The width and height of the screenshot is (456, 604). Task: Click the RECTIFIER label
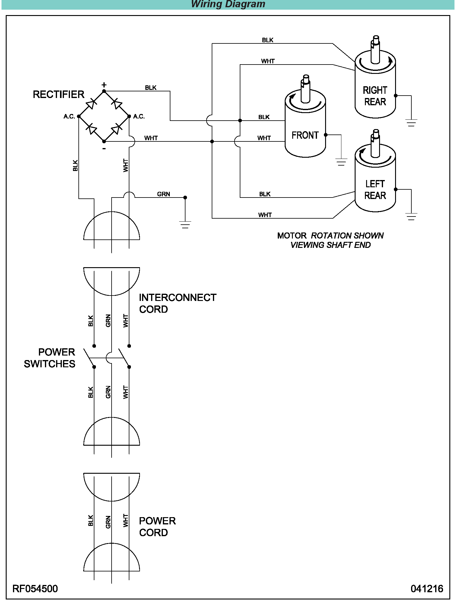tap(59, 94)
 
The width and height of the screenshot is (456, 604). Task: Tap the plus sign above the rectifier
tap(104, 85)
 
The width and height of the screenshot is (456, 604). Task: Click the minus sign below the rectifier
tap(104, 148)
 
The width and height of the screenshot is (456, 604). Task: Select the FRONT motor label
tap(305, 135)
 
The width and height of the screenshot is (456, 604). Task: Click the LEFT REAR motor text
tap(375, 190)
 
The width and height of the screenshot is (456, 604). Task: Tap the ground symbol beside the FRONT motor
tap(341, 162)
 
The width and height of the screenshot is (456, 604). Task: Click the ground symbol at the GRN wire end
tap(185, 225)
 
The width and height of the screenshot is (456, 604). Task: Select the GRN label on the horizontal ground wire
tap(163, 194)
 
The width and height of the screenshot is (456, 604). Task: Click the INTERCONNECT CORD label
tap(177, 303)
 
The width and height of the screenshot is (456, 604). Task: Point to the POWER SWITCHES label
tap(50, 358)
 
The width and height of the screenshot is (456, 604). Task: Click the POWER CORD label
tap(157, 527)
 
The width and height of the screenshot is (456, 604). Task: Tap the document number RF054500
tap(35, 588)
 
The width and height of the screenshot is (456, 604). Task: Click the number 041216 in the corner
tap(426, 588)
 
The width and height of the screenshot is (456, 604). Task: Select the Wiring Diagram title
tap(228, 4)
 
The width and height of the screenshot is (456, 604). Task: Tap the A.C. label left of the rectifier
tap(69, 116)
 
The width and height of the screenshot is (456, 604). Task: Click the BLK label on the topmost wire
tap(268, 40)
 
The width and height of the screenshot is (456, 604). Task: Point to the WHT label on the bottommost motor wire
tap(265, 215)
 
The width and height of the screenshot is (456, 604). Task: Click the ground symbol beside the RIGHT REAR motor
tap(411, 123)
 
